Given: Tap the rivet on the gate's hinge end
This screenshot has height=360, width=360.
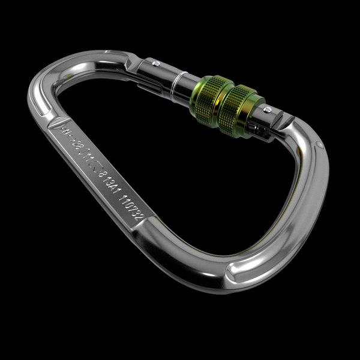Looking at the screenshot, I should point(155,61).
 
